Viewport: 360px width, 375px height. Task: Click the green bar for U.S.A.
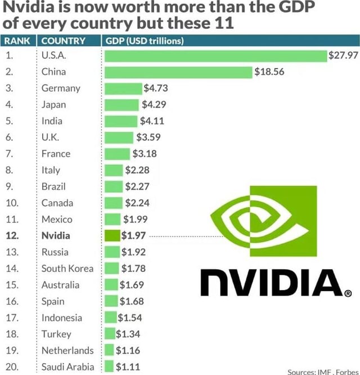[x=215, y=55]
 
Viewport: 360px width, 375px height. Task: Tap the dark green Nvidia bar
[x=112, y=235]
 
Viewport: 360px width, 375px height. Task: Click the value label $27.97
[x=343, y=55]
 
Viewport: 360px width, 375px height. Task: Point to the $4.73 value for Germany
[x=156, y=88]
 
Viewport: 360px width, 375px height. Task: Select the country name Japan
[x=53, y=104]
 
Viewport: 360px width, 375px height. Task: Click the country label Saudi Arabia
[x=67, y=367]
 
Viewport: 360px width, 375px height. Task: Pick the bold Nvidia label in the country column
[x=56, y=235]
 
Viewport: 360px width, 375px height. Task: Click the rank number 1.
[x=10, y=55]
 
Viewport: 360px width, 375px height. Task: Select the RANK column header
[x=18, y=41]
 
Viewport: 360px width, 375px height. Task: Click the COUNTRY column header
[x=64, y=41]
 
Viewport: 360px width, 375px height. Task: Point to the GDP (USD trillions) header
[x=145, y=41]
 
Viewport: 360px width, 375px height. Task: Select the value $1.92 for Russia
[x=134, y=252]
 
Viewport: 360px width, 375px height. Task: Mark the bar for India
[x=121, y=120]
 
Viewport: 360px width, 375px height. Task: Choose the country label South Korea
[x=67, y=268]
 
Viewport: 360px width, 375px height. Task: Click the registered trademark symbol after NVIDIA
[x=348, y=293]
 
